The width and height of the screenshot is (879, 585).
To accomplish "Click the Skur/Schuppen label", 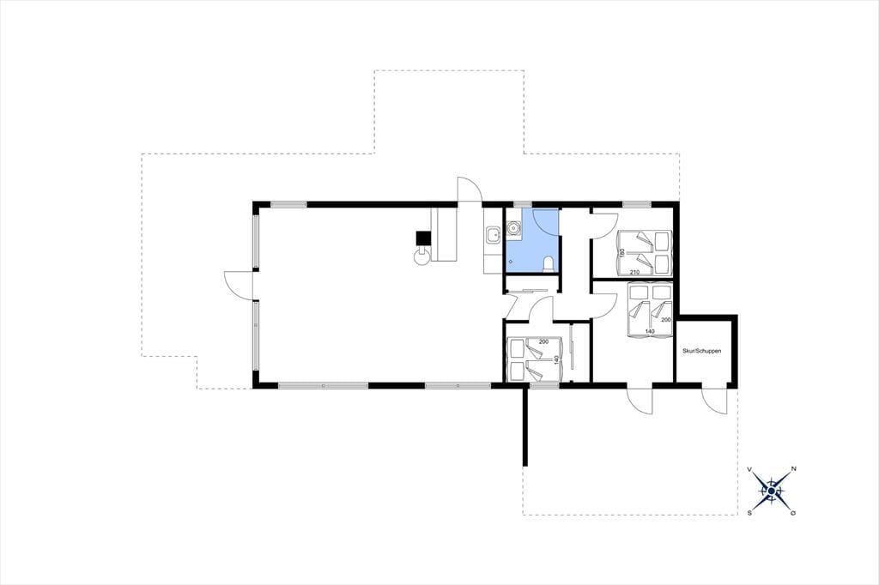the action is [702, 351].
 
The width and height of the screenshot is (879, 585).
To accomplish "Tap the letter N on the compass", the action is [793, 468].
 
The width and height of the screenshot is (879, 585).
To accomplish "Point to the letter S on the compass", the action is [749, 513].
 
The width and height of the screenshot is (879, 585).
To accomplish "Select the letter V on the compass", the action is [750, 469].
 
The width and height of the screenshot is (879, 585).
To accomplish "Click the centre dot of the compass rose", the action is [772, 491].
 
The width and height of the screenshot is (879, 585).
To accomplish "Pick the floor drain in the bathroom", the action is [511, 261].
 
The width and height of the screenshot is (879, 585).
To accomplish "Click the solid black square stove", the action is [422, 238].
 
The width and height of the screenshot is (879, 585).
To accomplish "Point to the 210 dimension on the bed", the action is [634, 272].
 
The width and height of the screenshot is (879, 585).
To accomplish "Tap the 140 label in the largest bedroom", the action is [650, 331].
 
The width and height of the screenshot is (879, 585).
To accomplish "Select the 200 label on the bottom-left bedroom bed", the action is [543, 341].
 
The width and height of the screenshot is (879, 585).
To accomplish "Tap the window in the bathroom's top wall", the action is [523, 204].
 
